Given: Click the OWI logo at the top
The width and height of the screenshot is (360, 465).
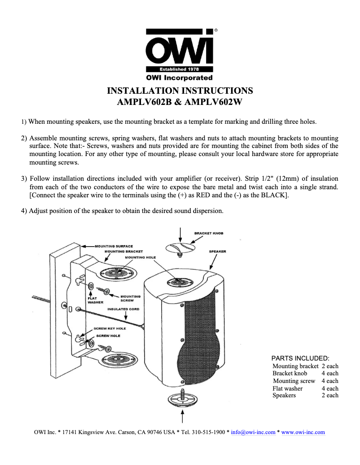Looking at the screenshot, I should [x=180, y=49].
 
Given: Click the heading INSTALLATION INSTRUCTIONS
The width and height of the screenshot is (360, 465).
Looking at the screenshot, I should [x=180, y=91].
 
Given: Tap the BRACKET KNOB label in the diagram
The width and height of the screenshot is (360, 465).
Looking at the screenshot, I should [x=209, y=233].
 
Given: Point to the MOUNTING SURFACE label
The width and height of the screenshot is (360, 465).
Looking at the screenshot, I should [x=114, y=246].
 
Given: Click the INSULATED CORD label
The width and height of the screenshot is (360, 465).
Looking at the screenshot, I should [x=123, y=309].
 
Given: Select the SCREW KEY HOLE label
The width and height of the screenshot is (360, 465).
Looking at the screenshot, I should [x=110, y=328].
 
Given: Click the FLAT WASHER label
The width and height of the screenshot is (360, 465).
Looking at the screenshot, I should [x=95, y=300].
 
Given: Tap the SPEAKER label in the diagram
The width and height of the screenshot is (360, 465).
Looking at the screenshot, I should [x=217, y=252].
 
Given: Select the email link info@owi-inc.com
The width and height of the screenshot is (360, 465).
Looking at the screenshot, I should [x=253, y=432].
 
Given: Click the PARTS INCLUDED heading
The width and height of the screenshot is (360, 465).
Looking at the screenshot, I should [x=300, y=358].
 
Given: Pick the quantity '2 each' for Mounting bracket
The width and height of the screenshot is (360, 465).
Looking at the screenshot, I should [x=330, y=366].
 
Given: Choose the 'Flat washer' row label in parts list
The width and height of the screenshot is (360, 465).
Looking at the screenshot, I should [x=287, y=388].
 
